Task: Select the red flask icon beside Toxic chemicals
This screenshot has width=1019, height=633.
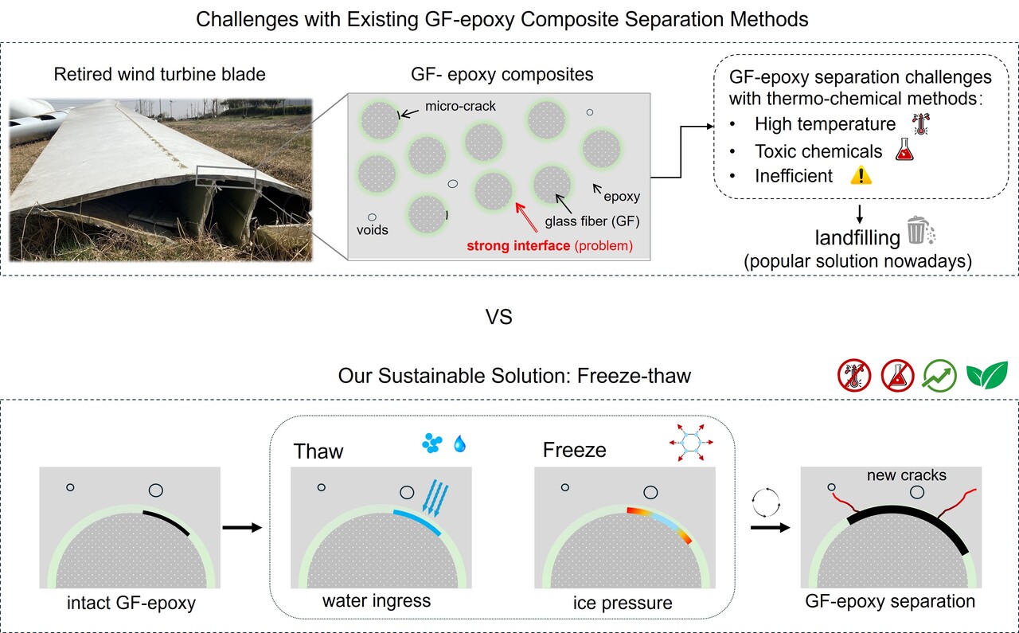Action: coord(903,150)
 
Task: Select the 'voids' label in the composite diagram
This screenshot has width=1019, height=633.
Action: coord(373,230)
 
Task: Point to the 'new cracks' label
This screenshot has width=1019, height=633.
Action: coord(908,475)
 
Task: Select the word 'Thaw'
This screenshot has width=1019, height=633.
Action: coord(318,451)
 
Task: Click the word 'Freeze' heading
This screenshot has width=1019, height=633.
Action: coord(574,450)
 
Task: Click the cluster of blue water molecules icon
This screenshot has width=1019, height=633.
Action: coord(431,443)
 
